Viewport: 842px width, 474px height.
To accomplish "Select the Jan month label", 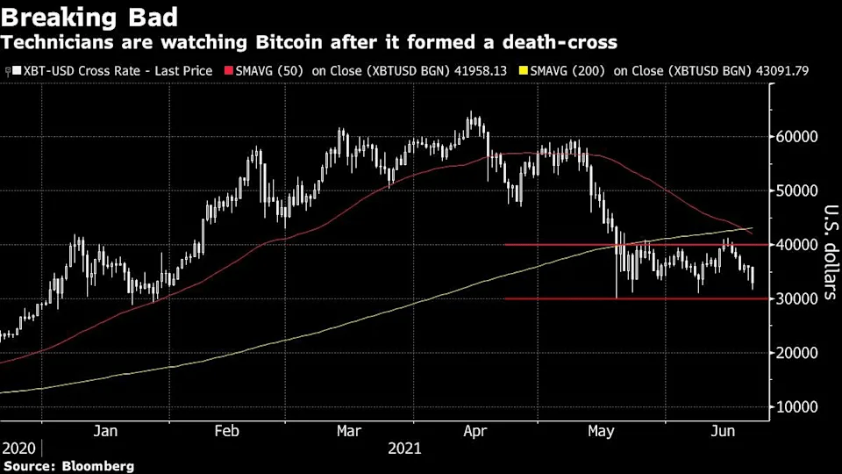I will pos(105,431).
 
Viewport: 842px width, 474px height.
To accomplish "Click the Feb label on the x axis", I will pos(226,431).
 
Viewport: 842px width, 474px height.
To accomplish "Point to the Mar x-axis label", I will pos(349,431).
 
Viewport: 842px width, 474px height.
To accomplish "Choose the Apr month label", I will pos(475,431).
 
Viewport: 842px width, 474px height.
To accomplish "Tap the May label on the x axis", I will pos(601,431).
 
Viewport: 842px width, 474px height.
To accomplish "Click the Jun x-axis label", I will pos(723,431).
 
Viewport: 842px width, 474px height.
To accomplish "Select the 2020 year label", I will pos(18,448).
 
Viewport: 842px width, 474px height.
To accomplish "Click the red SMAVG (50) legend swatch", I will pos(231,69).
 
